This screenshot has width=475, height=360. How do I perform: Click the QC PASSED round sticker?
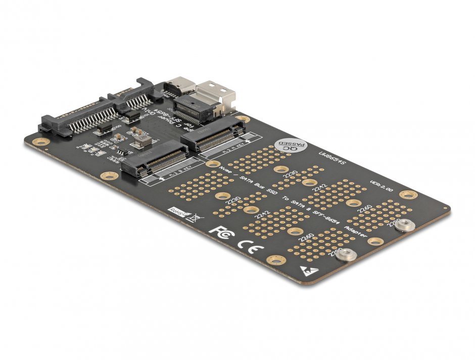click(x=289, y=146)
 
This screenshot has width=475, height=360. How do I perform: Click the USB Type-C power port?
click(x=178, y=86)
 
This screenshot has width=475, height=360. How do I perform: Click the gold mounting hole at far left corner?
click(x=40, y=141)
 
